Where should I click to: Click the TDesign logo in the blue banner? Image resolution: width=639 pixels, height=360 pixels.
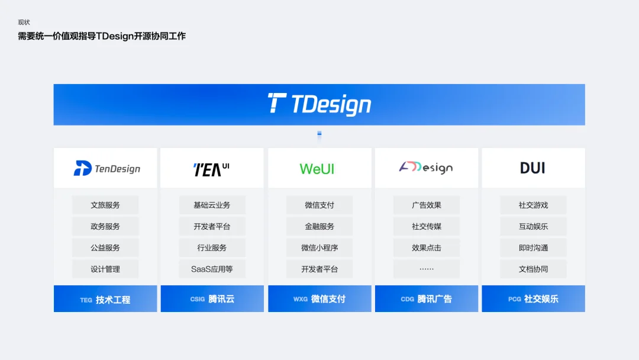(x=319, y=104)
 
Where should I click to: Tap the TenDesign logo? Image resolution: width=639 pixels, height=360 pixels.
(x=106, y=168)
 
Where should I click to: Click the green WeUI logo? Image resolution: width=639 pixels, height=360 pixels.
(x=317, y=169)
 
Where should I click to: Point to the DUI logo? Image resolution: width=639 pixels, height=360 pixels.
(x=532, y=168)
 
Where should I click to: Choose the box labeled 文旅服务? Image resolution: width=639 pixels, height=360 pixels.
(x=105, y=205)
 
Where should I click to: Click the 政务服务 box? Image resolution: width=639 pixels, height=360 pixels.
(x=105, y=226)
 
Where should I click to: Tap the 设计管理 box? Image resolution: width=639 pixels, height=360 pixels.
(x=105, y=269)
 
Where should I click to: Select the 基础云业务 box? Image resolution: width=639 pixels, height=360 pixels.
(x=212, y=205)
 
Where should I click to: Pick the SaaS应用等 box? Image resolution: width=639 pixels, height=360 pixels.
(x=212, y=269)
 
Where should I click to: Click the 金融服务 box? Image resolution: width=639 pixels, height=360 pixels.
(x=319, y=226)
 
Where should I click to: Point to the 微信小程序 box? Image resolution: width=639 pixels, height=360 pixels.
(x=319, y=248)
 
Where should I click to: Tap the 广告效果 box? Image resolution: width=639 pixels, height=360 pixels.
(x=426, y=205)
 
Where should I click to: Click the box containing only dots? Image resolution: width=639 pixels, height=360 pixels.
(x=426, y=269)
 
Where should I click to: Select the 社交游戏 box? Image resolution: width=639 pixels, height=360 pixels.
(x=533, y=205)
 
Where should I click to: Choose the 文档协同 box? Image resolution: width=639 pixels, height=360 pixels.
(x=533, y=269)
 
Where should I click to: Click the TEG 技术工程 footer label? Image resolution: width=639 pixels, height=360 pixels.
(x=105, y=300)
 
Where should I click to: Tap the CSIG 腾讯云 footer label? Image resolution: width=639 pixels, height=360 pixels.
(x=212, y=299)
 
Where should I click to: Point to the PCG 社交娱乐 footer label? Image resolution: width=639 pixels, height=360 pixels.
(x=533, y=299)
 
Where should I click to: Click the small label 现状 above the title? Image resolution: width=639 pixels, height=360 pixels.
(x=24, y=22)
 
